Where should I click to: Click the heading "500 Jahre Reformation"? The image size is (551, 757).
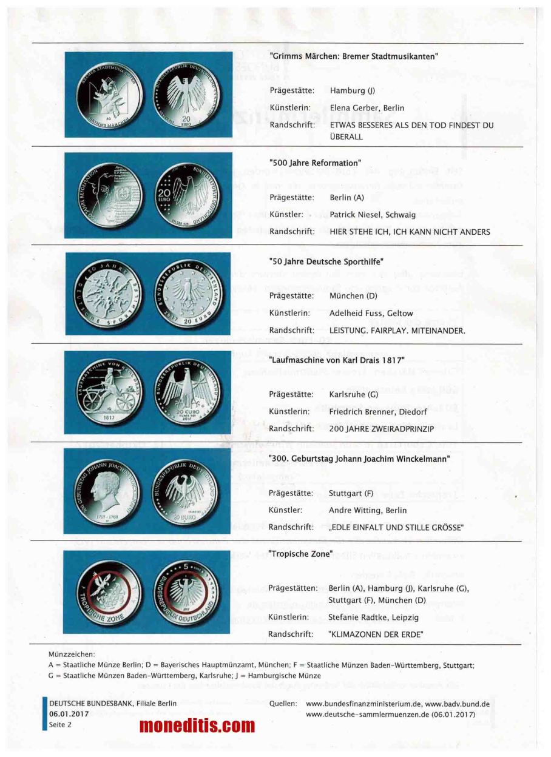[x=314, y=163]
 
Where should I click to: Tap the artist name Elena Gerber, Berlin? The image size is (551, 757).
[x=367, y=108]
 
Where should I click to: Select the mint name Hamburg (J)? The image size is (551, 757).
[x=353, y=90]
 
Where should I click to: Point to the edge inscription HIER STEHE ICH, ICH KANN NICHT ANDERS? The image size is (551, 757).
[x=410, y=231]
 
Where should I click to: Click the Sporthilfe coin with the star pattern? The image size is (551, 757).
[x=107, y=293]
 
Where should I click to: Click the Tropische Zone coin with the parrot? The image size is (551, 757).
[x=108, y=592]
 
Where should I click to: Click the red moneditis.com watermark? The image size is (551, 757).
[x=197, y=725]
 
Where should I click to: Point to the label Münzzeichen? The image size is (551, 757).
[x=72, y=654]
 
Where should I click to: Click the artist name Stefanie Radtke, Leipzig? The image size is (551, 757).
[x=373, y=617]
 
